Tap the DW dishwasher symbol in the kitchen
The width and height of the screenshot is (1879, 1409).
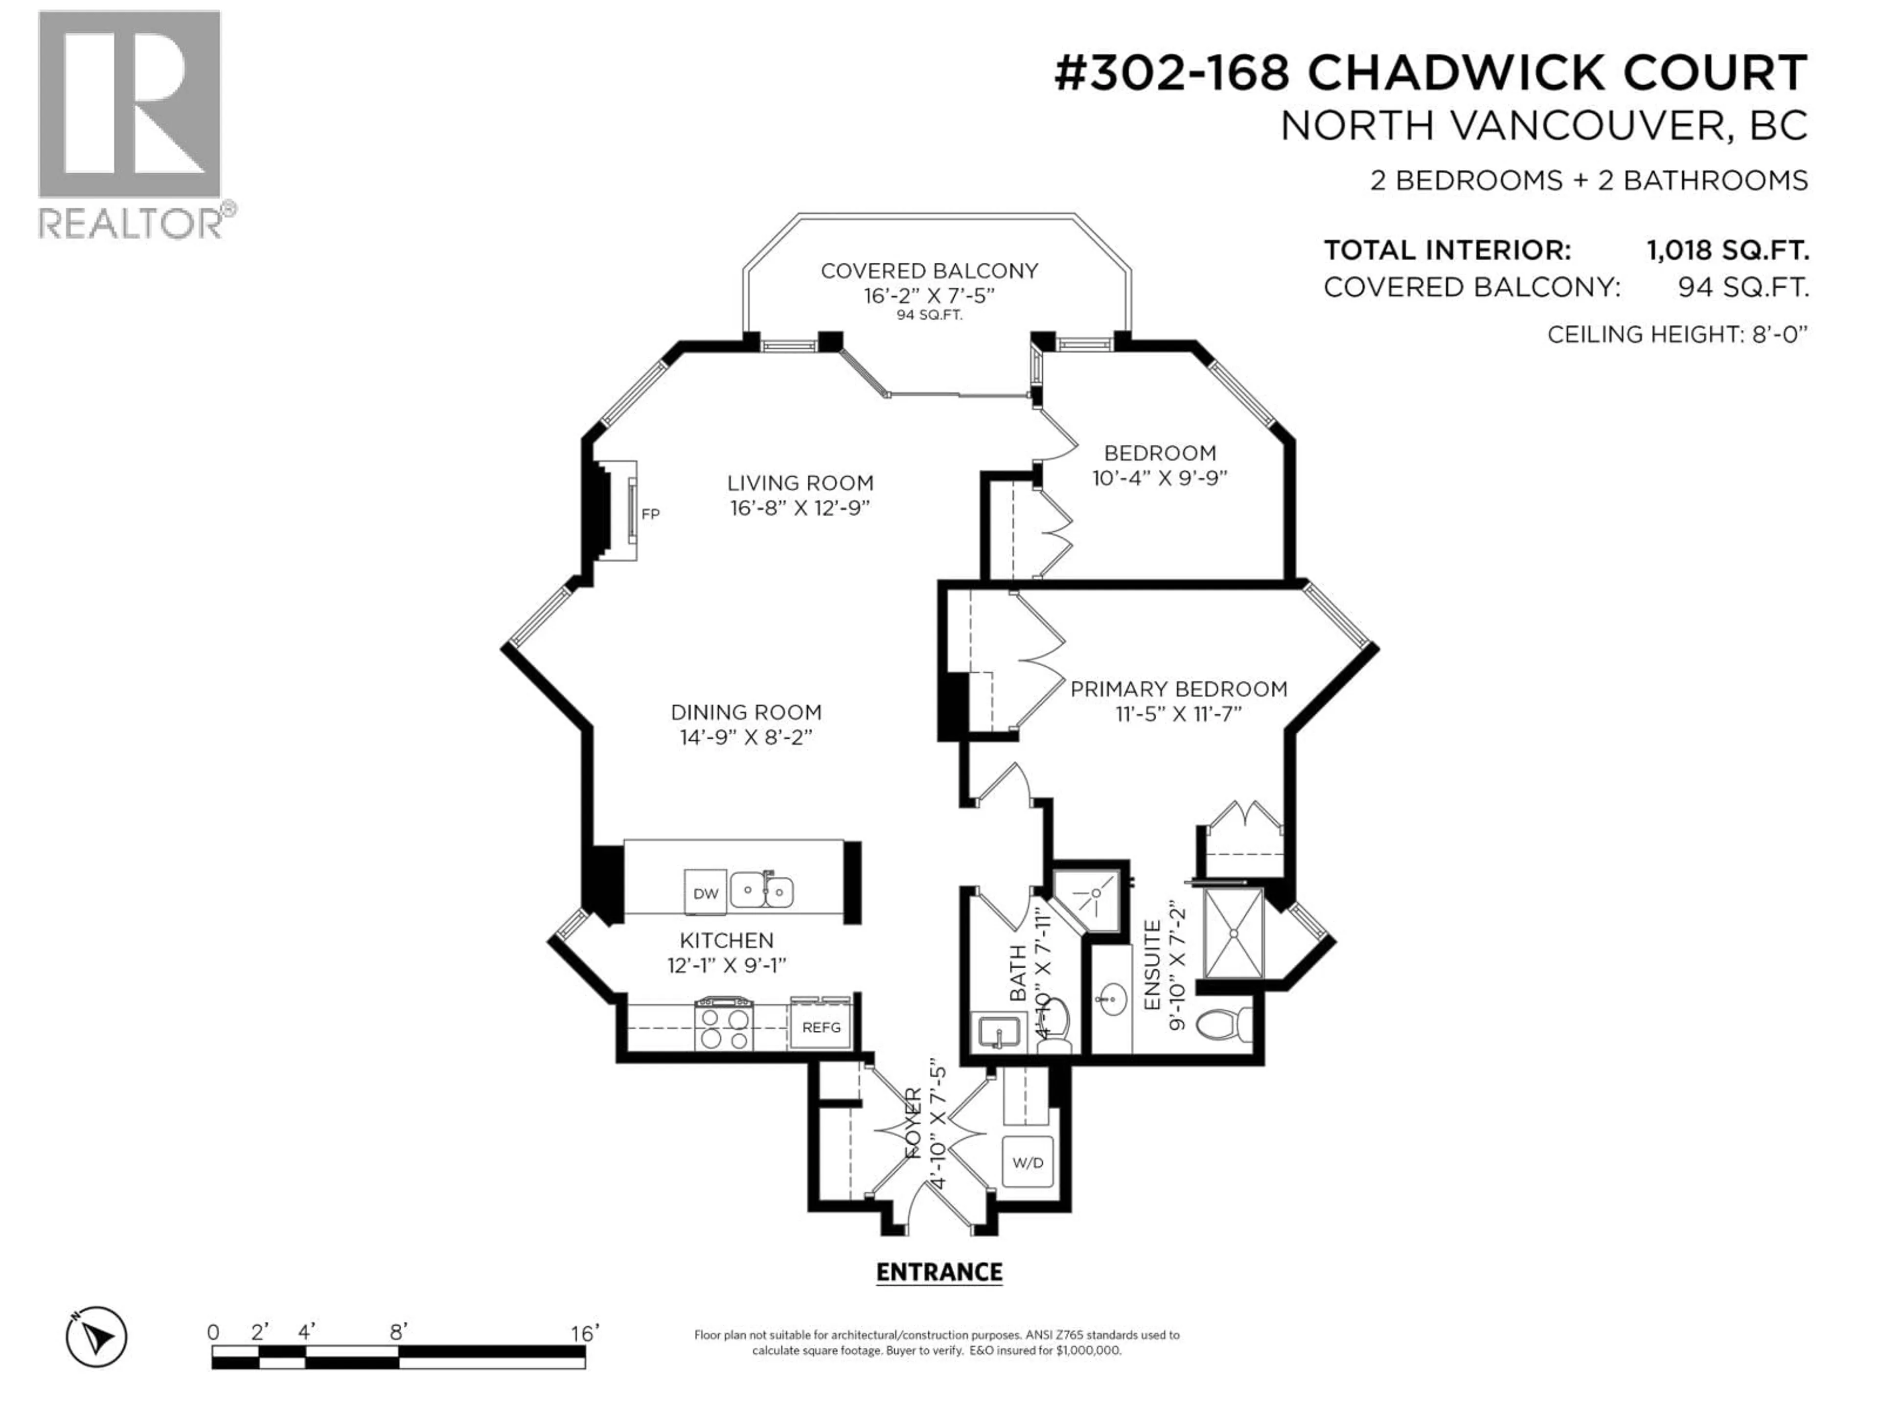point(705,893)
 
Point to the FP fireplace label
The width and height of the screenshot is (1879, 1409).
point(650,514)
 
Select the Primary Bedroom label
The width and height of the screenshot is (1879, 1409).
point(1178,689)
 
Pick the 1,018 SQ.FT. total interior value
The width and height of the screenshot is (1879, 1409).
point(1727,250)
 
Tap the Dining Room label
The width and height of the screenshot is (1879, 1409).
point(746,712)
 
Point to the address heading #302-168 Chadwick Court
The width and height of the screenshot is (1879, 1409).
point(1430,73)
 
